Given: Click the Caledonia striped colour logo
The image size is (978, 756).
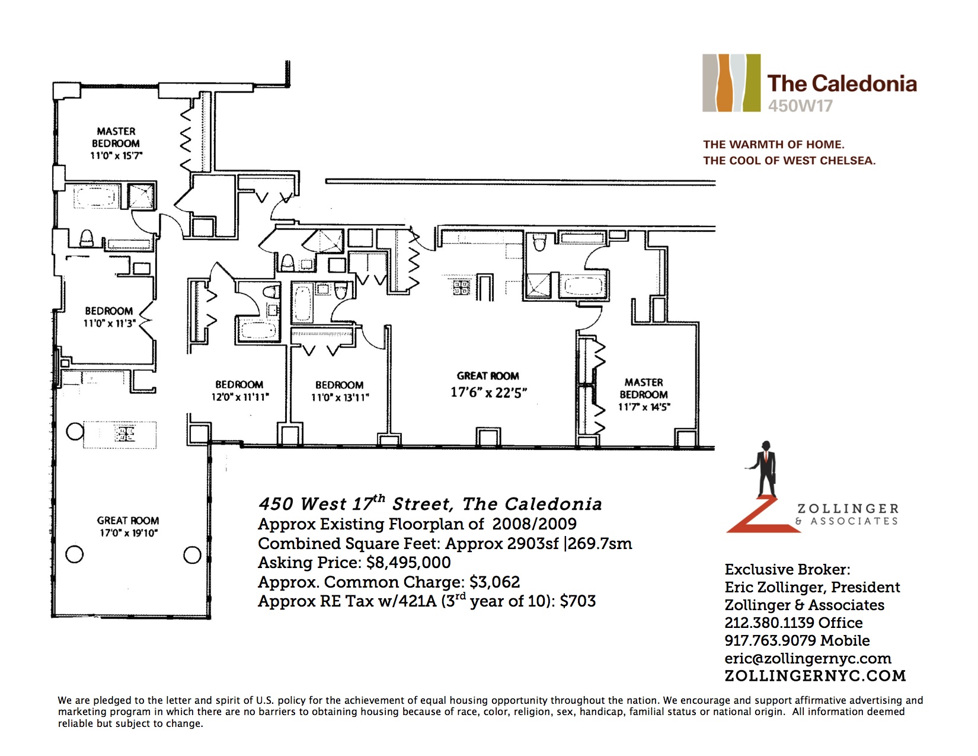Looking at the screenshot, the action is point(731,83).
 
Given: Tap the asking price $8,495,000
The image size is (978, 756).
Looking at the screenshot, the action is point(408,563).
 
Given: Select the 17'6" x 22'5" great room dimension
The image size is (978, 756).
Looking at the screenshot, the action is point(489,393).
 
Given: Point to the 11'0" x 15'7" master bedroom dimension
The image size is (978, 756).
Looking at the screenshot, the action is point(116,156).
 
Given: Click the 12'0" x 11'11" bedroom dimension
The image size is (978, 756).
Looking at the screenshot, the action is point(240,397).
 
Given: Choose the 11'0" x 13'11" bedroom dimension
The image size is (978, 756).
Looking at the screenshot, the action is point(340,398).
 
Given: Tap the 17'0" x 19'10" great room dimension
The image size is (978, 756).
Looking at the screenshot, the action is point(129,533).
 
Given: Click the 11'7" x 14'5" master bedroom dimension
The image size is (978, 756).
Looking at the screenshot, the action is point(644,407).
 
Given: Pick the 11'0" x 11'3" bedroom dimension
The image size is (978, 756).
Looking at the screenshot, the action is point(109,323).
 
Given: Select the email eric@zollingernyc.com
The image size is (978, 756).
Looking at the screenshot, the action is point(808,658).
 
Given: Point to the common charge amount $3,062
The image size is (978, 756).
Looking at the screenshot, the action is point(494,582).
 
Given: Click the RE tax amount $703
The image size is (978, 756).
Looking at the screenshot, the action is point(578,601).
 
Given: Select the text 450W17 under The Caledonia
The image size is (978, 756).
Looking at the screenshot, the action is point(800,106).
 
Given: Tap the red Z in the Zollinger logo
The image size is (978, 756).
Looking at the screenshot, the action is point(764,515).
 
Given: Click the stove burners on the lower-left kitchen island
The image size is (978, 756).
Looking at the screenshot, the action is point(124,433).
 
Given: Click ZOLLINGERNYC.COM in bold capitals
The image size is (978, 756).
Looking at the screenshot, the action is point(815,676).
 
